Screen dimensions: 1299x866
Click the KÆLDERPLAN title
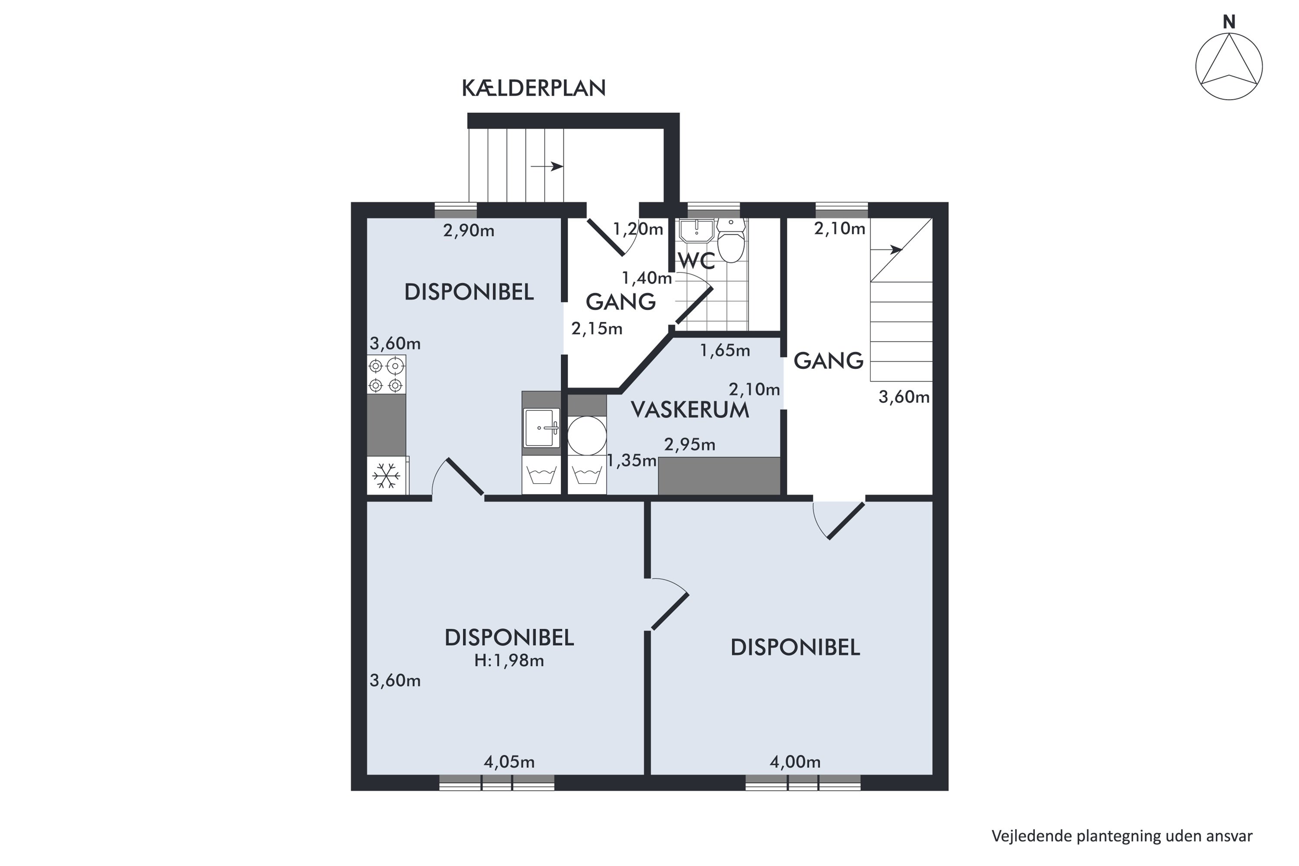(533, 88)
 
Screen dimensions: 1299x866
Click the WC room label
(696, 261)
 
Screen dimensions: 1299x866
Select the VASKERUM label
(690, 410)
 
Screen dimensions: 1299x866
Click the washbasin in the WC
(696, 231)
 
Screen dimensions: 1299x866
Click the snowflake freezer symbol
(387, 475)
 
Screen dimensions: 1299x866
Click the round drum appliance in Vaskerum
(587, 436)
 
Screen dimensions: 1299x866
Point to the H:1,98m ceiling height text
(509, 661)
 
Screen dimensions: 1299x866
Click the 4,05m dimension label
(509, 762)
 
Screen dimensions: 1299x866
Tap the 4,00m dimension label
(795, 762)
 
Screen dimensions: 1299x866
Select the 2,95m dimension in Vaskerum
(690, 445)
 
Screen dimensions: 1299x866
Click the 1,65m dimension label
(725, 350)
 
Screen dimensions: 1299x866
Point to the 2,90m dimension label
(469, 230)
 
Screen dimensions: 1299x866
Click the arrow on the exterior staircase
(547, 166)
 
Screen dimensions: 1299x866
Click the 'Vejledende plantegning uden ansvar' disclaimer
(1122, 836)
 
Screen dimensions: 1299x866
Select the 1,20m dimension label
(638, 229)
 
